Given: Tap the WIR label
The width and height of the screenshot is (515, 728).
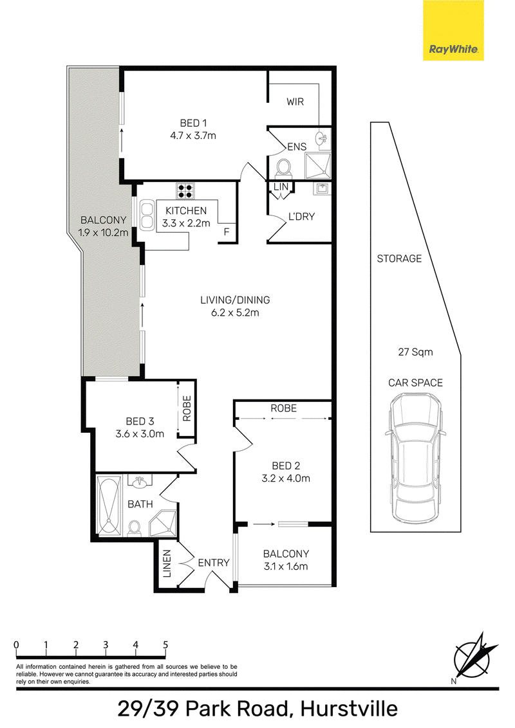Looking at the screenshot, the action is point(295,102).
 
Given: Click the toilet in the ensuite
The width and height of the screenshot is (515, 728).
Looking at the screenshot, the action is point(283,168).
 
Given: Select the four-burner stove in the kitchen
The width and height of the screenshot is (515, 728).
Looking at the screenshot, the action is point(185,190).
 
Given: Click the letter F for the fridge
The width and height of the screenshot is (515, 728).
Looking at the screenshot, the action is point(227,232).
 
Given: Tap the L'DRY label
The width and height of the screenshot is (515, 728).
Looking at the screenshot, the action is point(302,216).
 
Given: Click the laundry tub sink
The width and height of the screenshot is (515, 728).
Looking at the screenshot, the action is point(322,188).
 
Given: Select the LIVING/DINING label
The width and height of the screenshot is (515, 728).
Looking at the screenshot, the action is point(235,300).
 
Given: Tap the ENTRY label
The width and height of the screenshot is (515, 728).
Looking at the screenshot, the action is point(214,563).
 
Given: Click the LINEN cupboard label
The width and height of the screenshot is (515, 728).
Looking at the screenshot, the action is point(167,563).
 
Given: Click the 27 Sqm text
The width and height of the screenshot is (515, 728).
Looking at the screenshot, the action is point(415,352).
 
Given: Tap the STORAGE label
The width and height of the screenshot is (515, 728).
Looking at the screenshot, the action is point(399,259).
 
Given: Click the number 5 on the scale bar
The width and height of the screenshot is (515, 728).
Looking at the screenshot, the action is point(165,644).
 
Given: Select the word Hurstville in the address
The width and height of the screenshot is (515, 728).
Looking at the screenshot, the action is point(349,709).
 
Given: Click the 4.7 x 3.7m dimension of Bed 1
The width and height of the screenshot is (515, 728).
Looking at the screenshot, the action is point(193,136).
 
